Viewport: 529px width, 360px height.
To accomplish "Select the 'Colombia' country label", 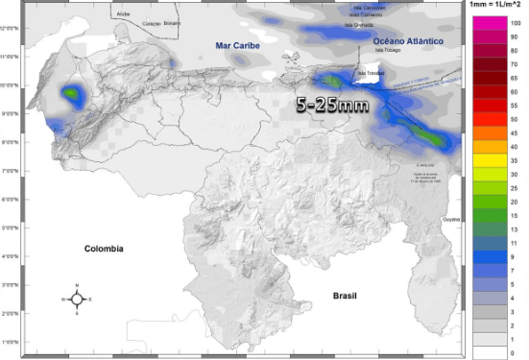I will (x=103, y=248).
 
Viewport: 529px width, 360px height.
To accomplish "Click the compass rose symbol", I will (x=78, y=299).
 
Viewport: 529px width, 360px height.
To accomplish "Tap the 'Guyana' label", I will (x=451, y=220).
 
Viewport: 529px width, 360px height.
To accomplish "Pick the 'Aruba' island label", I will (x=122, y=14).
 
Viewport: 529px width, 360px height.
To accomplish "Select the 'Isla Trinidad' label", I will (x=370, y=72).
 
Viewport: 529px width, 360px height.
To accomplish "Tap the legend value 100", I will (x=517, y=21).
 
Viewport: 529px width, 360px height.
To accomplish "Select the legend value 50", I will (x=517, y=119).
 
